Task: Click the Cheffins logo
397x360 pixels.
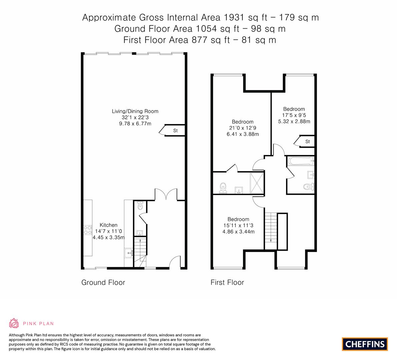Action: [365, 344]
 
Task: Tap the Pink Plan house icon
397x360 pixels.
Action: [14, 323]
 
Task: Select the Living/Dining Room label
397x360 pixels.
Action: [135, 111]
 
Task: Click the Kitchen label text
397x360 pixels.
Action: [108, 225]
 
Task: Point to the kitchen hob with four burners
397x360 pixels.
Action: [88, 230]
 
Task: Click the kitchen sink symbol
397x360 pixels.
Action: [129, 253]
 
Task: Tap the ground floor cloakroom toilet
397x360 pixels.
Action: [140, 205]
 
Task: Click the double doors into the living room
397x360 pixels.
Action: [166, 195]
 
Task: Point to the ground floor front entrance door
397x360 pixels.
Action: [175, 263]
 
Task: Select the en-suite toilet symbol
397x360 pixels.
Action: [223, 188]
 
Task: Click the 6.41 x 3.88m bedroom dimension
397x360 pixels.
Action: [242, 134]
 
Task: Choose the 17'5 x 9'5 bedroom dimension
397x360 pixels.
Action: [294, 115]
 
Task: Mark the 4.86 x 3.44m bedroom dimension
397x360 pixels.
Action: [238, 231]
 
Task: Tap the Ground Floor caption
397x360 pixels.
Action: [103, 283]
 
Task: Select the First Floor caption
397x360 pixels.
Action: [227, 283]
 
